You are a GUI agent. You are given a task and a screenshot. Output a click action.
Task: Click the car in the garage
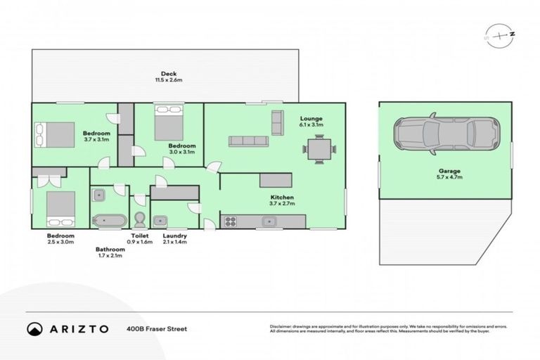(446, 133)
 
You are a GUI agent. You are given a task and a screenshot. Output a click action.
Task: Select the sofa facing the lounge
(248, 141)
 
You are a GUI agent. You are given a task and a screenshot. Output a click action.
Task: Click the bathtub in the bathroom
(109, 219)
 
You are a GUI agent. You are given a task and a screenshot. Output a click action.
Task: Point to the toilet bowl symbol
(139, 217)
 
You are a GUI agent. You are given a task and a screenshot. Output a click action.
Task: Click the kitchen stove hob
(229, 222)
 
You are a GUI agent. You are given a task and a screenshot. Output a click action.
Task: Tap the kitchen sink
(268, 222)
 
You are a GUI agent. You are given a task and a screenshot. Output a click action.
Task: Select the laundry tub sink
(160, 219)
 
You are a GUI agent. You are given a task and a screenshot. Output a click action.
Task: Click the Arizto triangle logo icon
(34, 328)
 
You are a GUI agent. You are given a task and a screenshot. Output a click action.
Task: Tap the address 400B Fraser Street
(156, 328)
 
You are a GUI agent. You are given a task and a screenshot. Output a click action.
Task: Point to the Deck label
(168, 73)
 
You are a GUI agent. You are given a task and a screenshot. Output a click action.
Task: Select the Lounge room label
(310, 118)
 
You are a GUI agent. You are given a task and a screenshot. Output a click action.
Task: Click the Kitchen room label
(282, 198)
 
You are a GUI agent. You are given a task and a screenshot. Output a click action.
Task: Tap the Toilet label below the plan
(140, 236)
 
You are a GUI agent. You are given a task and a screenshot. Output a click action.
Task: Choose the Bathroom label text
(110, 249)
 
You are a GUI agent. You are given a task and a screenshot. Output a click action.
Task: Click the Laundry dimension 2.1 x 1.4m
(174, 243)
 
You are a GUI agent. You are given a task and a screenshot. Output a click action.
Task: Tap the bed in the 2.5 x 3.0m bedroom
(60, 206)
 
